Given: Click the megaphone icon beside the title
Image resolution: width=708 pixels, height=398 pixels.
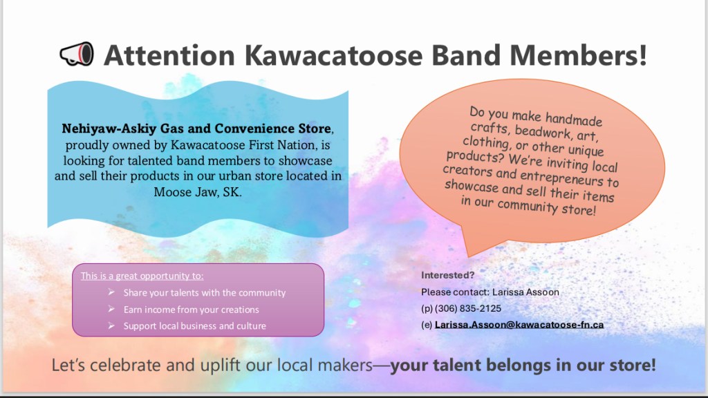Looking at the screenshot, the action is [77, 54].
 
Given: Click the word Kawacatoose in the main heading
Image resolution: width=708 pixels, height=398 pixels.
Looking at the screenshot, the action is [334, 55].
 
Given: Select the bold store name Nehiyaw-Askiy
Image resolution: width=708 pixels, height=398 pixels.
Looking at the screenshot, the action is [109, 129].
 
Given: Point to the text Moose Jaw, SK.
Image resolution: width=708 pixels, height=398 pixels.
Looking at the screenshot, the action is [198, 192].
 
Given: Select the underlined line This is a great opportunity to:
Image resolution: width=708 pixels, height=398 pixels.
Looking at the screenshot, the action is [142, 276].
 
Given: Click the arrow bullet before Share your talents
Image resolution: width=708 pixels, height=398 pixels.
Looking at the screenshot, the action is [111, 292].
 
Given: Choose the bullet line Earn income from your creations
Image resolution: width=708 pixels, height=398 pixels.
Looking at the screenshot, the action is [192, 310].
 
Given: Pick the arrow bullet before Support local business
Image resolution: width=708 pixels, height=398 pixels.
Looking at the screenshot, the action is [111, 325].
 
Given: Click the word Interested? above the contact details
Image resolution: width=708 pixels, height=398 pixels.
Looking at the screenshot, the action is [448, 275].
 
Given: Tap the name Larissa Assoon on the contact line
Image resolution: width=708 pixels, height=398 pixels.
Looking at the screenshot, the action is [525, 292].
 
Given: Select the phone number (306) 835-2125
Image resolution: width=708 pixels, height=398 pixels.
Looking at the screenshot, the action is [468, 309].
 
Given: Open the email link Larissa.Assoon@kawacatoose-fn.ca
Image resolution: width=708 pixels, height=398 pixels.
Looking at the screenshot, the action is [519, 325].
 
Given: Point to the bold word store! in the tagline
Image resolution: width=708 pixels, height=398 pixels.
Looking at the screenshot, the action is [631, 365].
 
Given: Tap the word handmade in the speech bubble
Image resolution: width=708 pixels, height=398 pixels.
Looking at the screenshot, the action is [574, 119].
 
